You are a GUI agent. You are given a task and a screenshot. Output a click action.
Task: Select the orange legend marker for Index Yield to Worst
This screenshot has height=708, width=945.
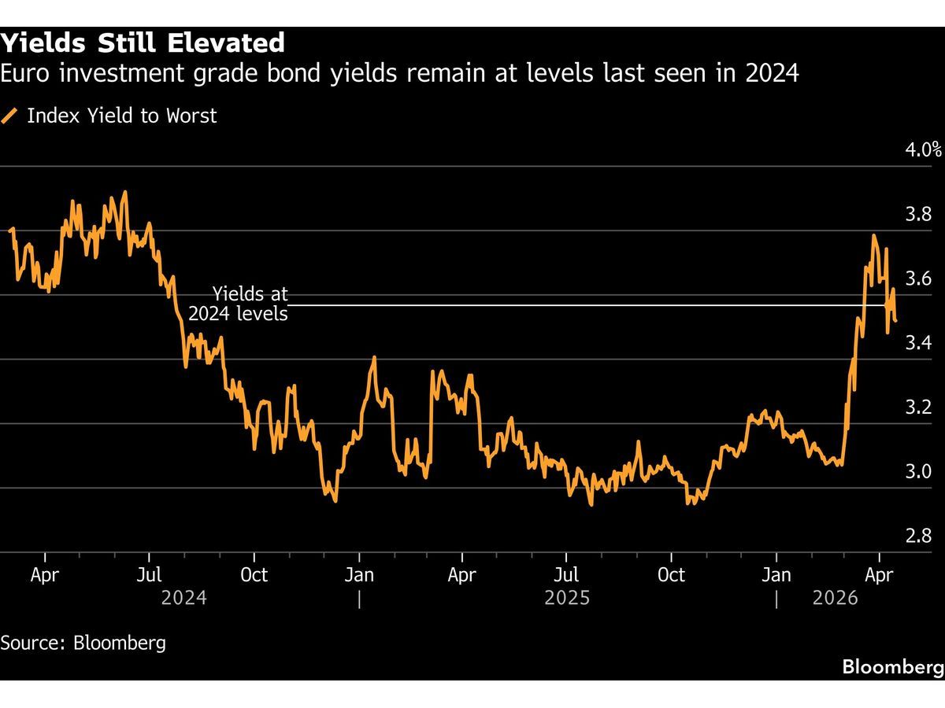pos(10,116)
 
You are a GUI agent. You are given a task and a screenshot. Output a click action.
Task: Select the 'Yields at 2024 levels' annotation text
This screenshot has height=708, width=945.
pos(239,304)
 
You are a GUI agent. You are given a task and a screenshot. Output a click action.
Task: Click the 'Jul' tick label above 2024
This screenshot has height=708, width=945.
pos(150,575)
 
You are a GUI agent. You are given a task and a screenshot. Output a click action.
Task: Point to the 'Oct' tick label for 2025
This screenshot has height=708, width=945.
pos(671,575)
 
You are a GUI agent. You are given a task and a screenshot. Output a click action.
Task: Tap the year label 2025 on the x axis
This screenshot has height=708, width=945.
pos(567,599)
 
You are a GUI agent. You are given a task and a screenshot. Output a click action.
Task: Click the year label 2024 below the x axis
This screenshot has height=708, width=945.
pos(183,599)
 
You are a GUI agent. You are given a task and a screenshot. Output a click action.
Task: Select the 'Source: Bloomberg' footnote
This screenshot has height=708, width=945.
pos(83,643)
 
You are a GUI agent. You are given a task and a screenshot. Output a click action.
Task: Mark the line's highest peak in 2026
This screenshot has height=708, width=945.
pos(873,235)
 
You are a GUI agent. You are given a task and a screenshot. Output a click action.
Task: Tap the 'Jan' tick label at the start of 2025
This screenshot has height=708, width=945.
pos(359,575)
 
